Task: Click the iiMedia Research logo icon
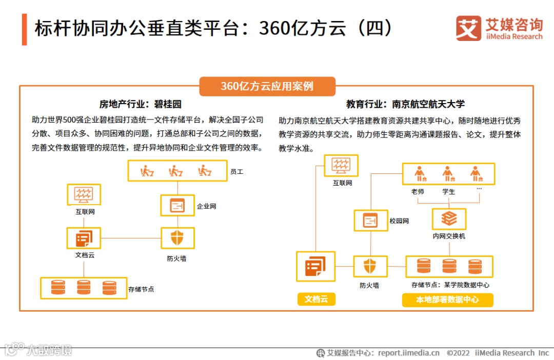click(469, 28)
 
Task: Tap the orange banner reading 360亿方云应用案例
click(267, 86)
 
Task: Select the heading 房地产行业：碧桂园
click(141, 104)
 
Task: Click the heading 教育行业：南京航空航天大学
click(405, 104)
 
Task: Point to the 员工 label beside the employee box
click(236, 172)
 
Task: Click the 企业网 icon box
click(177, 206)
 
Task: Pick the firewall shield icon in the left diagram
click(177, 238)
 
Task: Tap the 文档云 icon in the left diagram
click(83, 238)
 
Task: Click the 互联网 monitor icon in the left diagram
click(84, 194)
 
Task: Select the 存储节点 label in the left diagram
click(142, 289)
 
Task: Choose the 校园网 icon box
click(370, 221)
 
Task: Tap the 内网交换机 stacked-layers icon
click(449, 219)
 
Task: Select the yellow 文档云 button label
click(316, 299)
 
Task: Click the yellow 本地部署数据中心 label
click(447, 299)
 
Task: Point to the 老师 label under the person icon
click(418, 192)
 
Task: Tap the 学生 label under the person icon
click(448, 192)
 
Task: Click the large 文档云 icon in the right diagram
click(315, 266)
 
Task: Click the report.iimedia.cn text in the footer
click(408, 353)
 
